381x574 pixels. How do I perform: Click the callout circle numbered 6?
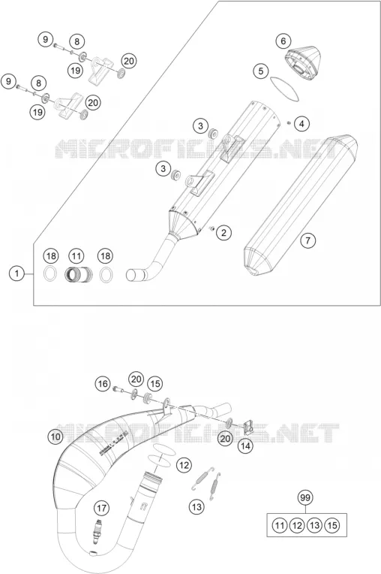[x=283, y=41]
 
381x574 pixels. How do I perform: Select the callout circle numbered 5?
[x=260, y=71]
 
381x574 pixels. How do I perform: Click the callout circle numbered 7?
[x=308, y=240]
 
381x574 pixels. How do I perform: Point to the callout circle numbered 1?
[x=16, y=273]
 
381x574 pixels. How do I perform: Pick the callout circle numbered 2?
[x=223, y=231]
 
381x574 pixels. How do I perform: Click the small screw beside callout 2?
[x=211, y=229]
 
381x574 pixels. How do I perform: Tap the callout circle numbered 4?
[x=301, y=124]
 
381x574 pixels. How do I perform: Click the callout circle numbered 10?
[x=55, y=437]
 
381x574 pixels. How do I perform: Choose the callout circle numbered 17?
[x=101, y=508]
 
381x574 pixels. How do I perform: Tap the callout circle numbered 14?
[x=245, y=446]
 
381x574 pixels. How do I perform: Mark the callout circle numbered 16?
[x=103, y=384]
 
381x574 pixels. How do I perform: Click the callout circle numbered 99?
[x=304, y=498]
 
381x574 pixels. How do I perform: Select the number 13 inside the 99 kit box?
[x=314, y=526]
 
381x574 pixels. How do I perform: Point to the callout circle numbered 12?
[x=184, y=465]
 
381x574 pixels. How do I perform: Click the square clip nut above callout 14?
[x=249, y=426]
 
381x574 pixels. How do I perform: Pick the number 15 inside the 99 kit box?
[x=332, y=526]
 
